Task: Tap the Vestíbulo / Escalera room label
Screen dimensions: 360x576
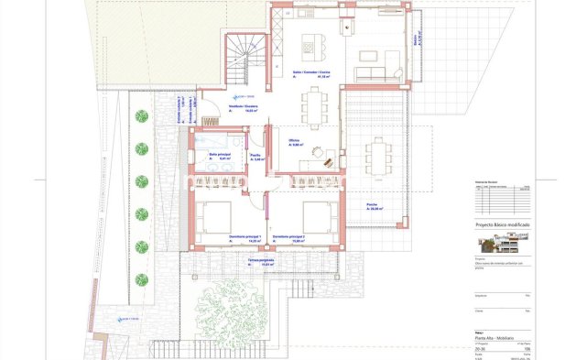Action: click(244, 107)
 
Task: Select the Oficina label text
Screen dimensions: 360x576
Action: click(295, 140)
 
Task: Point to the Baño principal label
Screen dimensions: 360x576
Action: click(219, 157)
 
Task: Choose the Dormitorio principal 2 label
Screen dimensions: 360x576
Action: click(289, 237)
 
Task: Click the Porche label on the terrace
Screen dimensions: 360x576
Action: click(373, 204)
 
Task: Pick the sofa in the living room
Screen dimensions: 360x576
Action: click(371, 72)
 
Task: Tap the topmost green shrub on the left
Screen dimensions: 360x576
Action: click(142, 116)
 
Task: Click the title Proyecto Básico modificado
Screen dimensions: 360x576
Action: click(502, 224)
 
